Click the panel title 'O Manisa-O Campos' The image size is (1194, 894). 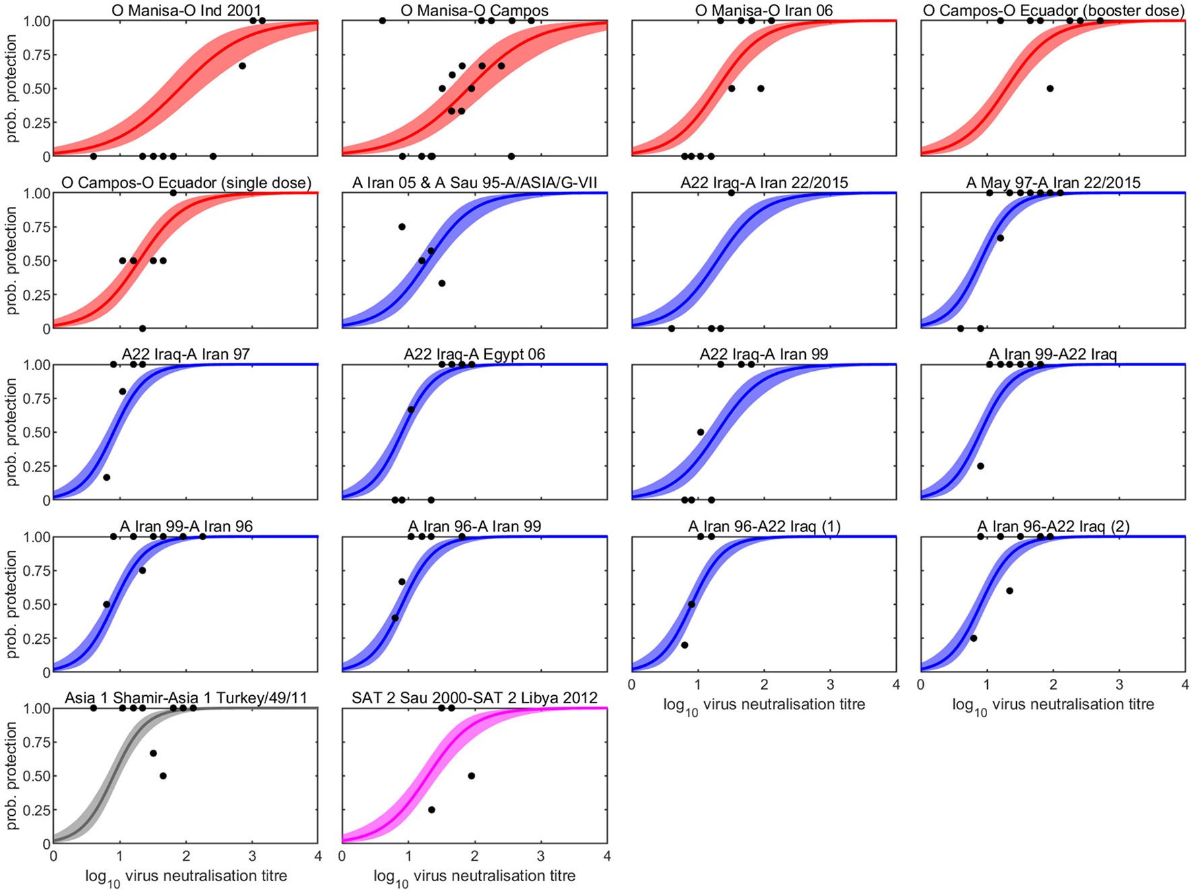[474, 11]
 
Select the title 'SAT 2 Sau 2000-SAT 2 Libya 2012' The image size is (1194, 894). [474, 698]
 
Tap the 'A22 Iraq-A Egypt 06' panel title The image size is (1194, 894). [474, 354]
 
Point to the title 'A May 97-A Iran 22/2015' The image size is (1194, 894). [1053, 183]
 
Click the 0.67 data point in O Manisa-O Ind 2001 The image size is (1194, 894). [242, 65]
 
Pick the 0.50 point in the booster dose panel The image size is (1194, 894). [1050, 88]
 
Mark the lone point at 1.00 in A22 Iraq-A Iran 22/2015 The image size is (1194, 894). [731, 193]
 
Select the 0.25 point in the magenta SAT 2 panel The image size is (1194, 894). [431, 810]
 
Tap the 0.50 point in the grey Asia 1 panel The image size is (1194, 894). [163, 776]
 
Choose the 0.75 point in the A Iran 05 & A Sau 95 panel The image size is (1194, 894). [402, 227]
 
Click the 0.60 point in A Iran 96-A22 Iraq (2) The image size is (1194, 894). [1009, 591]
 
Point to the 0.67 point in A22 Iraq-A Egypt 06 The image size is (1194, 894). [411, 409]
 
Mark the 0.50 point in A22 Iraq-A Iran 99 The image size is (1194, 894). [701, 432]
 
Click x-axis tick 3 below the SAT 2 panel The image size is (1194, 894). [541, 856]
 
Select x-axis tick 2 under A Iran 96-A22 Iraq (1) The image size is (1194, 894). [764, 685]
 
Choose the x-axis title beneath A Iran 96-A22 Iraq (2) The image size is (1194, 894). [1053, 705]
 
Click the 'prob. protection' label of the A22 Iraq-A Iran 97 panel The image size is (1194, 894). [11, 432]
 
